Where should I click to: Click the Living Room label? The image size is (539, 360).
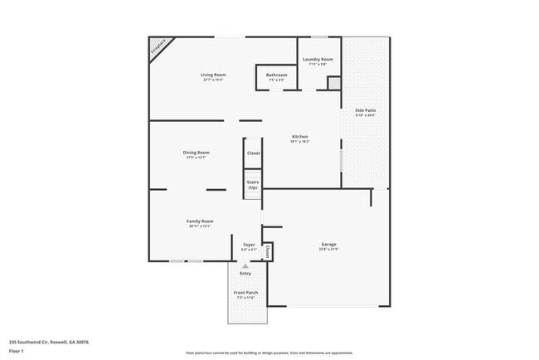[213, 75]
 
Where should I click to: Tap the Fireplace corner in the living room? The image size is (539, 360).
[158, 47]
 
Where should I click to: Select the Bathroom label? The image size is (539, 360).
[276, 75]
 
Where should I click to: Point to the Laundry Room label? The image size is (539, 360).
[318, 59]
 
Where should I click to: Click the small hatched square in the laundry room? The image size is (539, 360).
[333, 83]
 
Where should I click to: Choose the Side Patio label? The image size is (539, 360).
[365, 110]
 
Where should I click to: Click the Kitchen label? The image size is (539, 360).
[299, 137]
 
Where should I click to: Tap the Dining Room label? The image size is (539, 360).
[196, 153]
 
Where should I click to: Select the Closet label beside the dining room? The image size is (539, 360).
[253, 153]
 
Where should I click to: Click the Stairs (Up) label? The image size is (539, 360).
[253, 186]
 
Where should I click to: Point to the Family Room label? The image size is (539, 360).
[200, 221]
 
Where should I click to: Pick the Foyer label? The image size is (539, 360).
[249, 245]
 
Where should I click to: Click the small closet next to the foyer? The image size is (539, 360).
[268, 250]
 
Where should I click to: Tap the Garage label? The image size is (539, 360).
[328, 245]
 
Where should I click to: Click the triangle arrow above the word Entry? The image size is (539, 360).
[245, 265]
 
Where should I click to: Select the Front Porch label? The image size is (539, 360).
[245, 293]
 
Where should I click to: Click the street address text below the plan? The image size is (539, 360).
[49, 341]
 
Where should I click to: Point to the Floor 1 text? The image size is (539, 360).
[17, 351]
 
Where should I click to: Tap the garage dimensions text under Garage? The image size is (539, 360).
[328, 250]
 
